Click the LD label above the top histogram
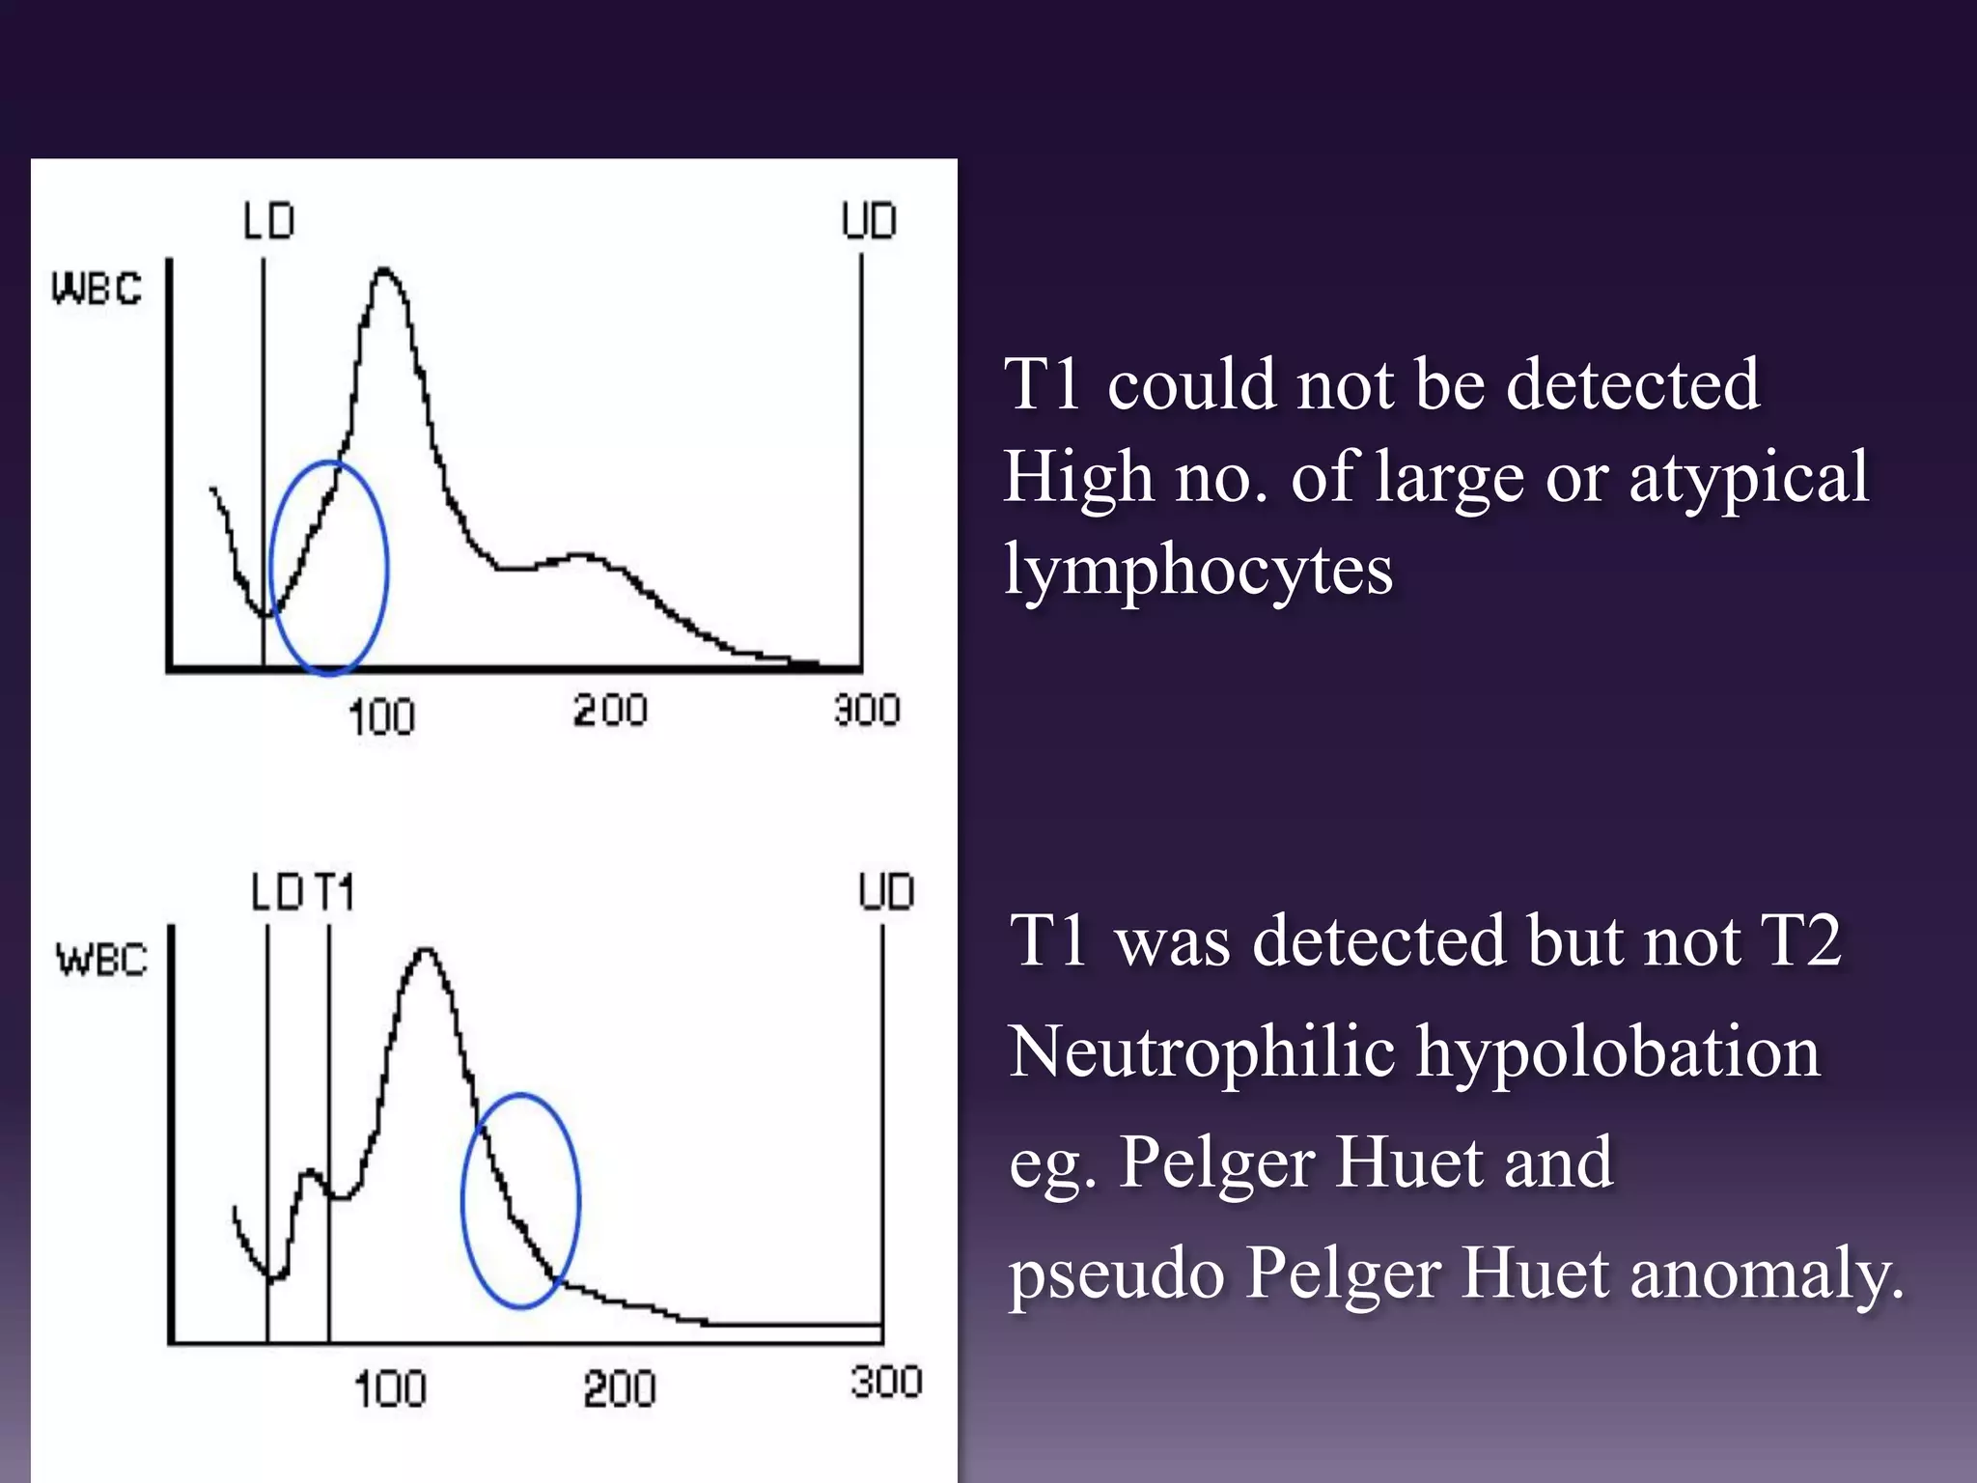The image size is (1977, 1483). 268,221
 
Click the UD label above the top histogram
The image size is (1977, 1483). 869,221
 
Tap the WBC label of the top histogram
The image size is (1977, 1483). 97,288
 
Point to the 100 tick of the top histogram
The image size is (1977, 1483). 381,717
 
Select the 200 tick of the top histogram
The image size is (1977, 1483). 610,712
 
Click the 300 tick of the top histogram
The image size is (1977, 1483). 867,711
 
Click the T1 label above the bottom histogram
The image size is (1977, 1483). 334,892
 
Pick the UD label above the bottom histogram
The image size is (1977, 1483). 886,892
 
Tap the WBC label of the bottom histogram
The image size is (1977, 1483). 101,960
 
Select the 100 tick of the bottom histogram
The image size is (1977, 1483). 390,1390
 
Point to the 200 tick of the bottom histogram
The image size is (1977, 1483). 620,1390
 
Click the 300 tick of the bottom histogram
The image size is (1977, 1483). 886,1382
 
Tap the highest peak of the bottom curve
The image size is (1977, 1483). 425,951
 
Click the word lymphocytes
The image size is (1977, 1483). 1198,570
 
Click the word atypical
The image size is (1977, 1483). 1748,477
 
